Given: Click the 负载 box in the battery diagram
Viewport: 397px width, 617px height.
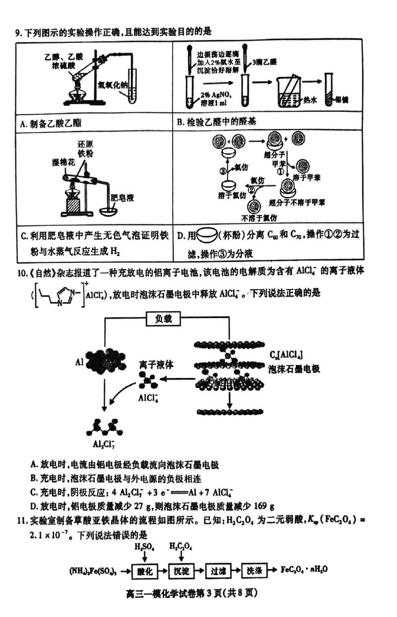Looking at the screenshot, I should point(166,319).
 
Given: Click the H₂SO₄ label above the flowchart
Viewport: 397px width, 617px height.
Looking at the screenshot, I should point(145,547).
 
